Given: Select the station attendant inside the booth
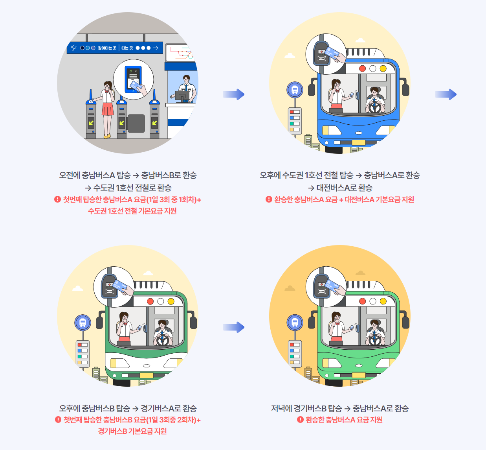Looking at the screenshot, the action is [187, 87].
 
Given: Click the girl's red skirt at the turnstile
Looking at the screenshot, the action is [108, 109].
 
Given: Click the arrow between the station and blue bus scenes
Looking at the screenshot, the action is [234, 94].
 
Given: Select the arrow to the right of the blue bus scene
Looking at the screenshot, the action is [446, 94].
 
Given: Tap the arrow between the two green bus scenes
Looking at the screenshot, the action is [234, 327].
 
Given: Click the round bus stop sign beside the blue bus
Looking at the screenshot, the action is [295, 90].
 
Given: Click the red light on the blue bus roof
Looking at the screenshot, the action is [362, 68].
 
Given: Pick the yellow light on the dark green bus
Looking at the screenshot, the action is [171, 301].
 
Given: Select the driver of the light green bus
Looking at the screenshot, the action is [375, 330].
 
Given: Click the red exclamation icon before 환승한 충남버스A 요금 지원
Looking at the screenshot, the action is [300, 420].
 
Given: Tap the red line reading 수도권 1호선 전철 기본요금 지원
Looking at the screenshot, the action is [132, 211].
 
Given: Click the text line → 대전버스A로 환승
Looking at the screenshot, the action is [340, 188].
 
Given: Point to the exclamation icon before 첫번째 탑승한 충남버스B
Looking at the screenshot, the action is [58, 420].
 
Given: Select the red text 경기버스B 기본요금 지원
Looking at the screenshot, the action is [132, 431].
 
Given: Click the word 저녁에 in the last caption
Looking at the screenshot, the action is [282, 408].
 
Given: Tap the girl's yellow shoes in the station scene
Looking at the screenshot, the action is [106, 136].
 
